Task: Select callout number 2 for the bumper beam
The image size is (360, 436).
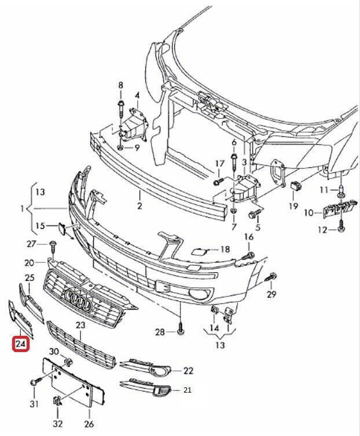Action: (139, 206)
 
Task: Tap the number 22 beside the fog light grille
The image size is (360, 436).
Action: (188, 371)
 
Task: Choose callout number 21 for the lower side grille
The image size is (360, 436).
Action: (187, 390)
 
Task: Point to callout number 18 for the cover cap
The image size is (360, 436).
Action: (225, 250)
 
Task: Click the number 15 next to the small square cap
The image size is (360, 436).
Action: (40, 225)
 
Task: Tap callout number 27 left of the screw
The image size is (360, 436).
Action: (32, 243)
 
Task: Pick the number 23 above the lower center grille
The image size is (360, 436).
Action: (80, 326)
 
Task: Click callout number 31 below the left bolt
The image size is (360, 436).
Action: (34, 404)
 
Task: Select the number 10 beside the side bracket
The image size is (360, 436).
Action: (308, 213)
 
